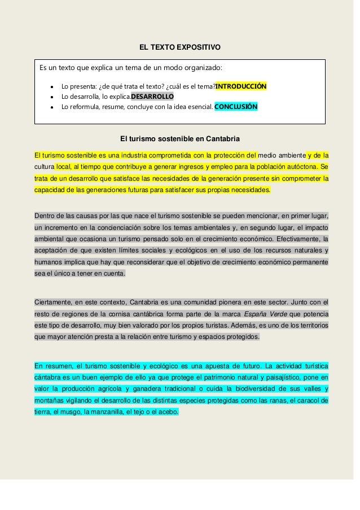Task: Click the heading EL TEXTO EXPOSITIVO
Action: [x=180, y=46]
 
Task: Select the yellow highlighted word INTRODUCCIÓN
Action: [x=241, y=86]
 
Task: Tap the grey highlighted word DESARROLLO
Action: [x=152, y=96]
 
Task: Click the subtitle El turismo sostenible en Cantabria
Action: [x=180, y=138]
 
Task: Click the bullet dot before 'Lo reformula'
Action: [x=52, y=107]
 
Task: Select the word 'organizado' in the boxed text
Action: [x=204, y=68]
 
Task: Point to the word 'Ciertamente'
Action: [x=53, y=301]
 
